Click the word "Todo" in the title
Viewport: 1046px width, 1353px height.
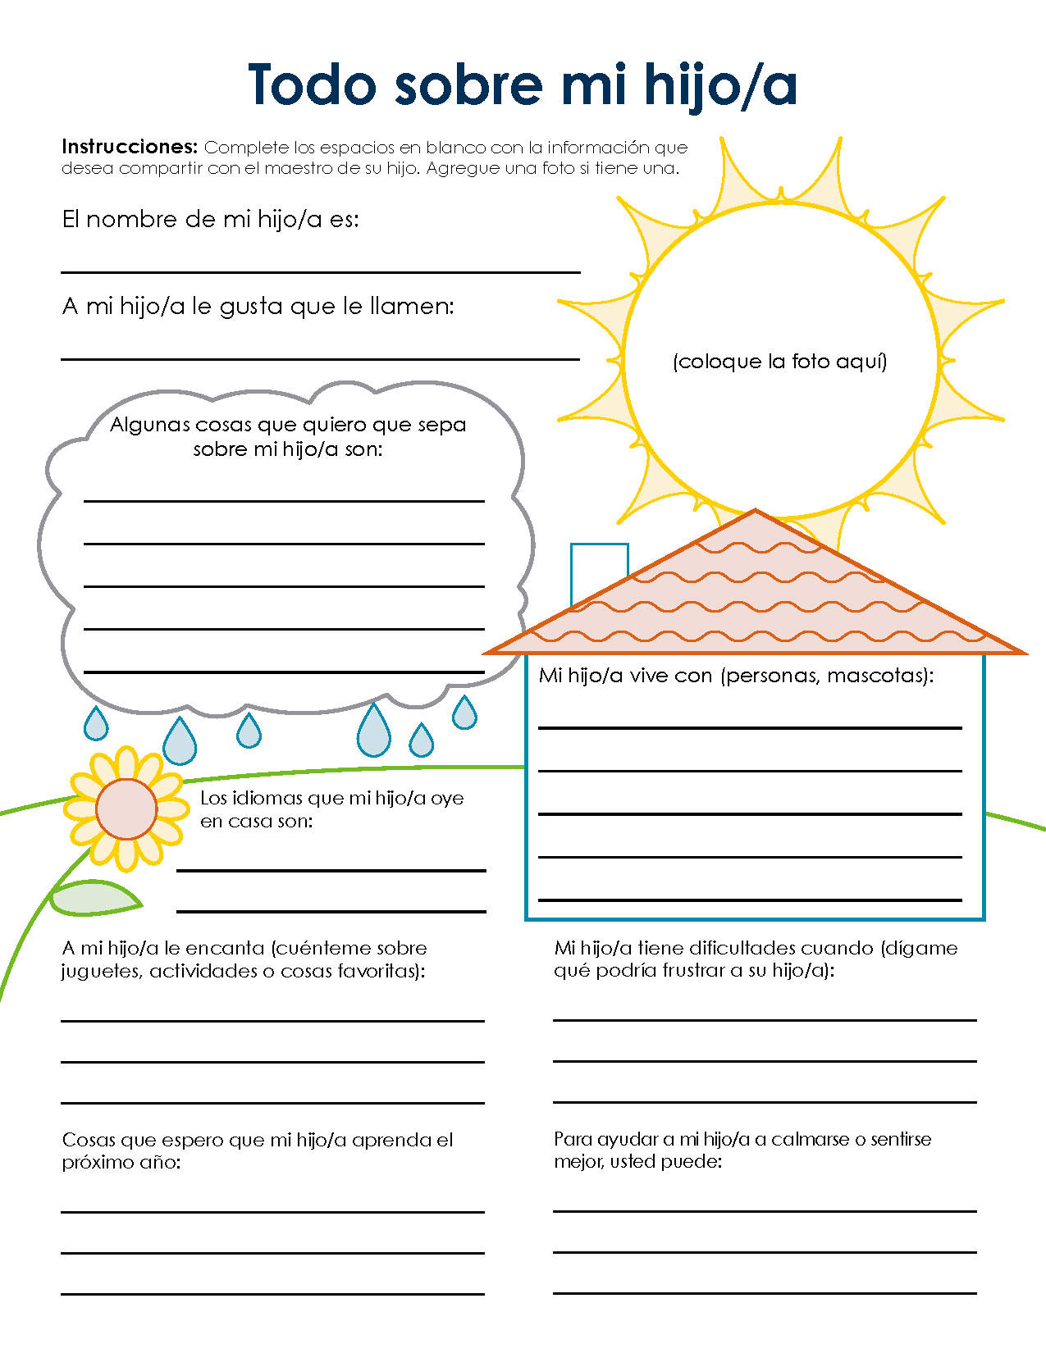click(312, 84)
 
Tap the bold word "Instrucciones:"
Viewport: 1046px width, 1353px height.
click(130, 147)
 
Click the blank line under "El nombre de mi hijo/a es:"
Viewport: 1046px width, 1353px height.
click(320, 271)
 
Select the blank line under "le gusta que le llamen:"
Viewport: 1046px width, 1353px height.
click(320, 358)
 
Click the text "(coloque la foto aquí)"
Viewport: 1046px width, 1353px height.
click(779, 362)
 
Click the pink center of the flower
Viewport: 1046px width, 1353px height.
click(126, 809)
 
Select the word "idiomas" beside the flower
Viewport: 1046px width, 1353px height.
click(266, 798)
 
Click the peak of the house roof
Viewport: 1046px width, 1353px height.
click(755, 513)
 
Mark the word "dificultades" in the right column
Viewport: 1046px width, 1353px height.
click(739, 948)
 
